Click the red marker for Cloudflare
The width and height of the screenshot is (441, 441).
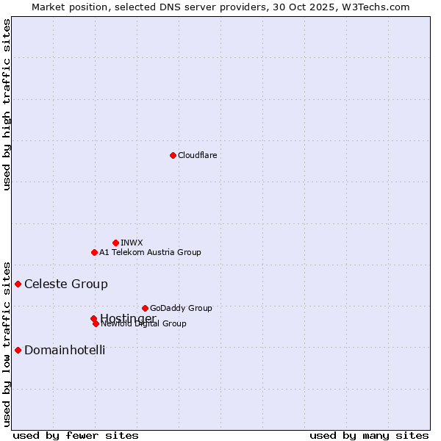(x=173, y=155)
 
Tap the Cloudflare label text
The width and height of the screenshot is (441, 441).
(x=197, y=155)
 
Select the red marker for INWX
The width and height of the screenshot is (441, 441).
(x=115, y=243)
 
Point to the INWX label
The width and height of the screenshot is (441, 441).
(x=132, y=243)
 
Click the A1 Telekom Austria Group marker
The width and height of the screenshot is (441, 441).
(x=94, y=252)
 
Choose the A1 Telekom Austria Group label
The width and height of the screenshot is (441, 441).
(x=150, y=252)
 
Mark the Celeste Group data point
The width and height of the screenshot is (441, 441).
(x=18, y=284)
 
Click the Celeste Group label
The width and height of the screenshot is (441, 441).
(x=66, y=284)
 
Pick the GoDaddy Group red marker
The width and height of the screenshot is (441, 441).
(x=145, y=308)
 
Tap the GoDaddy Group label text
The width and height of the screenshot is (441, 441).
(x=181, y=308)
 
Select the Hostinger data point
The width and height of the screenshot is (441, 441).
(x=93, y=318)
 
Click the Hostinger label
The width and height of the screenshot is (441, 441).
(x=128, y=318)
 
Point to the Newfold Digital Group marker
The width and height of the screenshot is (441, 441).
(x=96, y=323)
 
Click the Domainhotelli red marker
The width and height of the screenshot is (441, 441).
(x=18, y=350)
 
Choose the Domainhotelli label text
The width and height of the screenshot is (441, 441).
(x=65, y=350)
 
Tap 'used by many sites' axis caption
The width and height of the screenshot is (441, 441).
(x=369, y=435)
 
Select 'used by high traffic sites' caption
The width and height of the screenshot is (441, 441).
(x=7, y=104)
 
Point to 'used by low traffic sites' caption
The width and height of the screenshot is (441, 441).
(x=7, y=343)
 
